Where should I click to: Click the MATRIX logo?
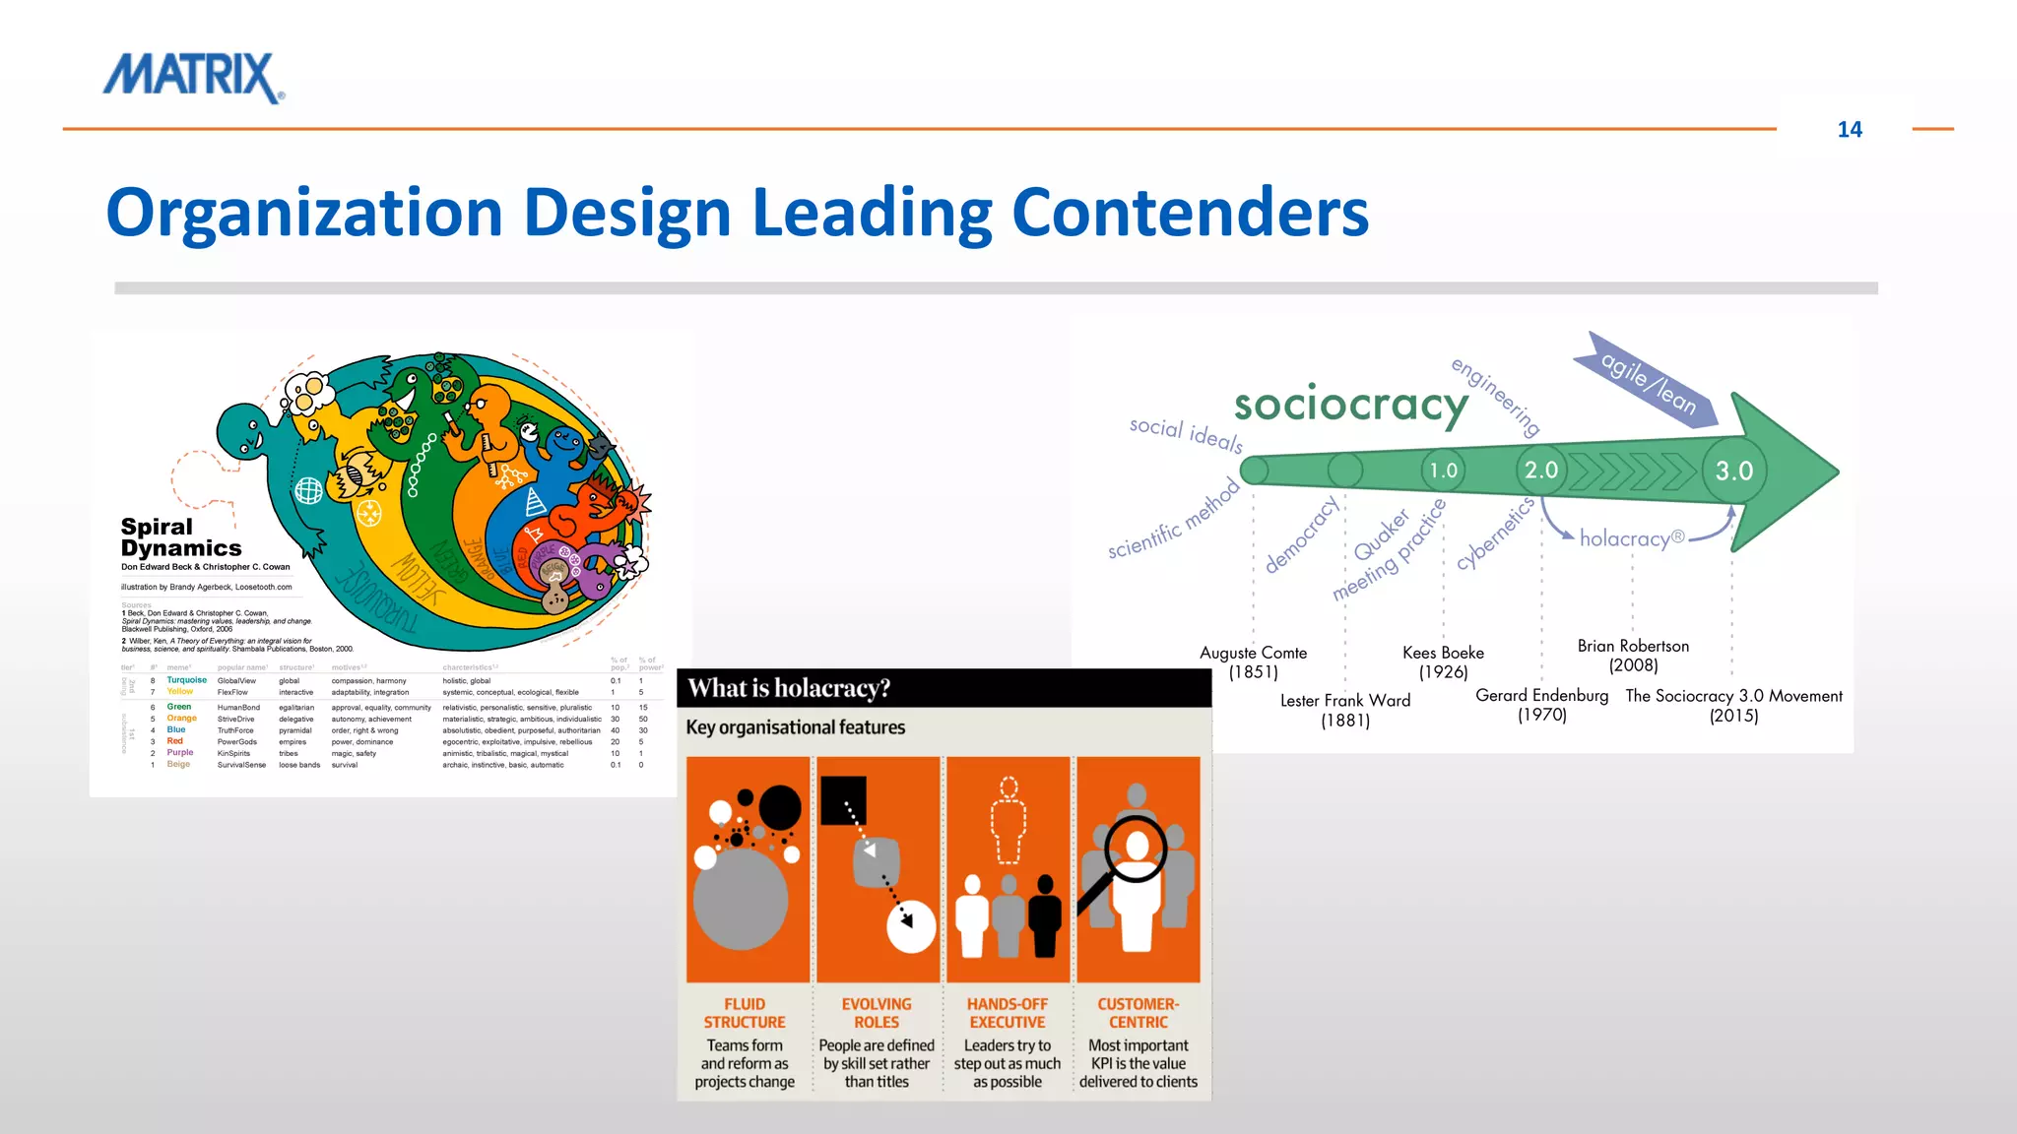click(x=193, y=79)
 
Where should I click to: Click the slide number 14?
click(x=1849, y=130)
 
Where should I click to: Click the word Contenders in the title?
click(x=1190, y=213)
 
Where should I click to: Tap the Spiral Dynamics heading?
click(x=180, y=537)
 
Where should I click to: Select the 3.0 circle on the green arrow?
click(x=1733, y=471)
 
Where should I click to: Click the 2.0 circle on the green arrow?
click(x=1541, y=470)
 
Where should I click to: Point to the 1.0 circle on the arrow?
click(x=1443, y=471)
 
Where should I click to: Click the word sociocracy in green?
click(x=1350, y=405)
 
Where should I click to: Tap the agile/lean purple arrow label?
click(x=1648, y=383)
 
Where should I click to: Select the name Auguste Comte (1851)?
click(x=1253, y=661)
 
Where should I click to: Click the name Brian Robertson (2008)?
click(x=1633, y=655)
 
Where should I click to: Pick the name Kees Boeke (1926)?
click(x=1443, y=661)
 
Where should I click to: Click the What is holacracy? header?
click(x=789, y=688)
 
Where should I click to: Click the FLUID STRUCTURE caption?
click(x=745, y=1013)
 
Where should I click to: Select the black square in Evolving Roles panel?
click(x=843, y=800)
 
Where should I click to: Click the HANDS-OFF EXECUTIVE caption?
click(x=1007, y=1013)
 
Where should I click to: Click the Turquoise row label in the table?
click(x=186, y=680)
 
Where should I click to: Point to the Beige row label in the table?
click(x=178, y=764)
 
